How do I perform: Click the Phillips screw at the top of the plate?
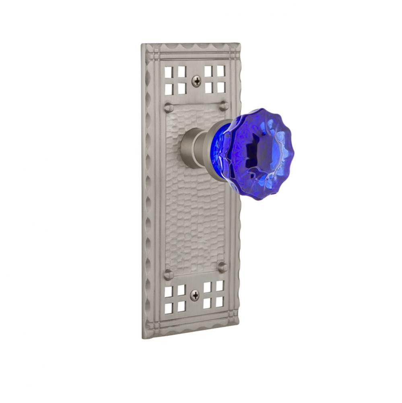(x=196, y=81)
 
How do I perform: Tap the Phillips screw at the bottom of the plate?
(x=194, y=295)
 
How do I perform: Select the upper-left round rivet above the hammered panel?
(x=169, y=108)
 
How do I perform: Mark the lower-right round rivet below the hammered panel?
(x=222, y=267)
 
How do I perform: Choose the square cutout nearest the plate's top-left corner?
(x=169, y=72)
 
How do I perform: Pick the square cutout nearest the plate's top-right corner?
(x=221, y=71)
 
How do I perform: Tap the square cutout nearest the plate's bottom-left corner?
(x=168, y=308)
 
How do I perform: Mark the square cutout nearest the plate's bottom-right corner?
(x=219, y=302)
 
